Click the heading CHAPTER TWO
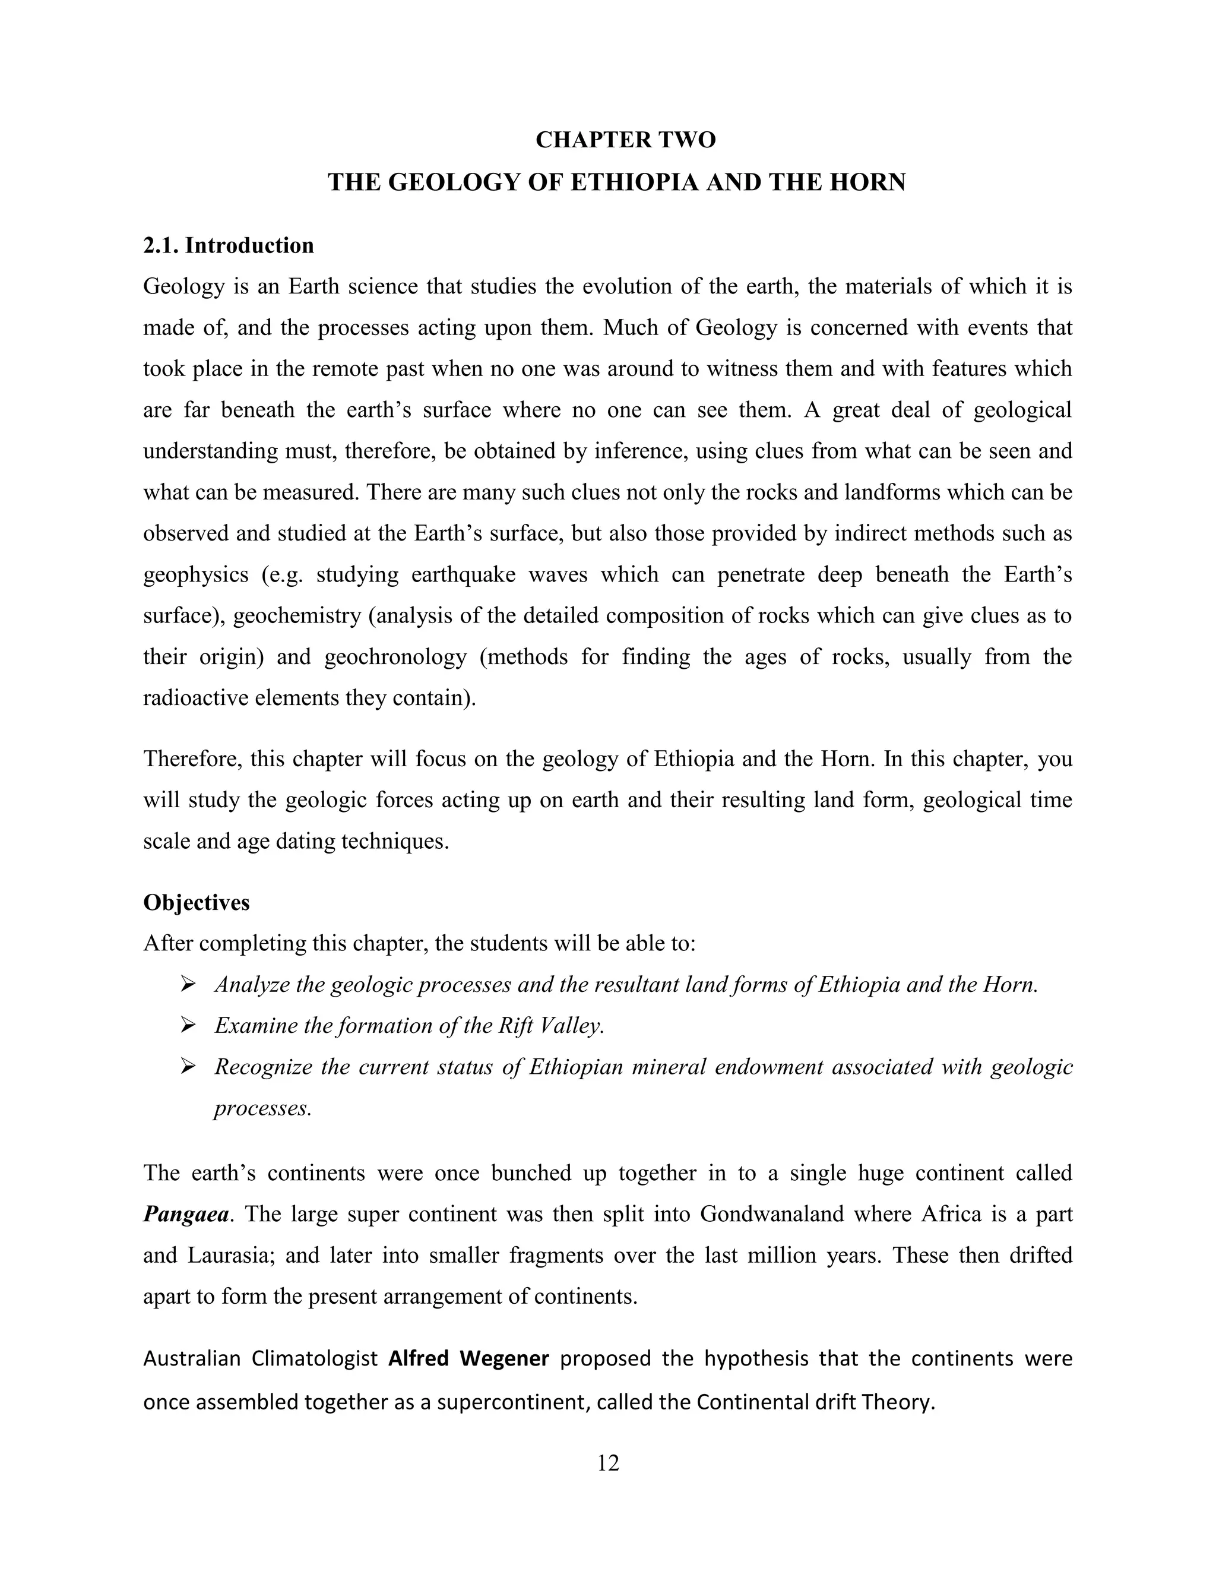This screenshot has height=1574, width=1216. pos(625,140)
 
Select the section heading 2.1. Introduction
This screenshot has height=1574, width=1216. pos(229,246)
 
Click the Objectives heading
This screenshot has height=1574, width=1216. pos(196,902)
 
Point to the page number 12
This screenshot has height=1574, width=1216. pos(608,1463)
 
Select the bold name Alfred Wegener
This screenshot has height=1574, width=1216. pos(469,1358)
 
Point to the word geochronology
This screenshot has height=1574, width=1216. pos(395,658)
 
